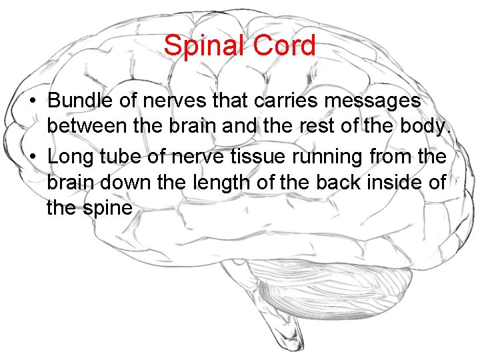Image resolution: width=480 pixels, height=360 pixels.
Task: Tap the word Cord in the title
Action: click(285, 46)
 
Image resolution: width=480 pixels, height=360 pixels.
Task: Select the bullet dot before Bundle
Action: click(32, 101)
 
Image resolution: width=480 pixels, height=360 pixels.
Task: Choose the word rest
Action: click(335, 128)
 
